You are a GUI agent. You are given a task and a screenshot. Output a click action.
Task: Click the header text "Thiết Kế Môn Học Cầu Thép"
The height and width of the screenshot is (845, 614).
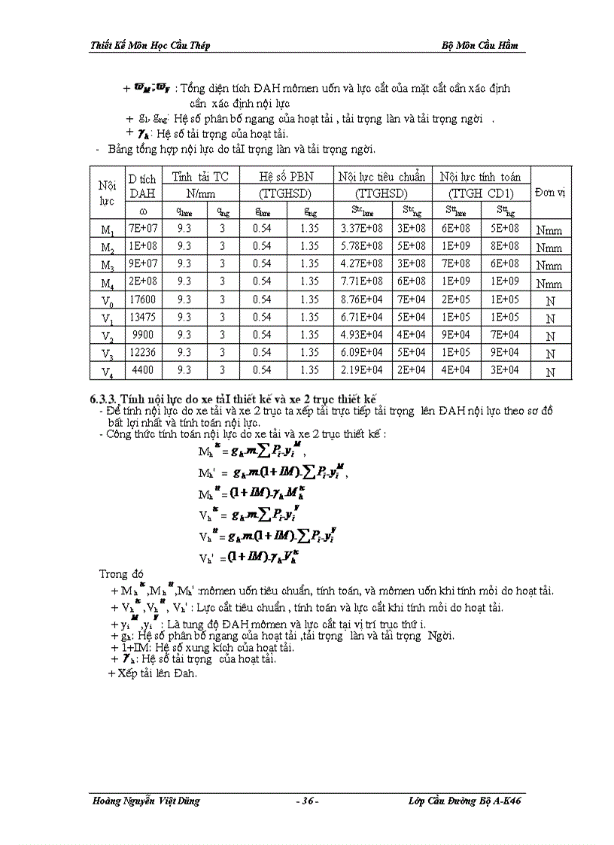point(150,46)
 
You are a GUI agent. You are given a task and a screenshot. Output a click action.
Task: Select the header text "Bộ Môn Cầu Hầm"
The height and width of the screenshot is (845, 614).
point(479,46)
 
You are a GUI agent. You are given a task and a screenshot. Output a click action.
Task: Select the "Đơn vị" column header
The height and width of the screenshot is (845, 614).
point(550,193)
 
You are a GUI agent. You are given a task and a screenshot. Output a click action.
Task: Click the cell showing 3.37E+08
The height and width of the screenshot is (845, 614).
point(361,229)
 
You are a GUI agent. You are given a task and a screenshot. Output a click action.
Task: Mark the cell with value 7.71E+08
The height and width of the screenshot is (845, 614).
point(361,281)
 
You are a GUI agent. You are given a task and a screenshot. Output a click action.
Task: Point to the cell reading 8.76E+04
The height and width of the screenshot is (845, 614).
point(361,298)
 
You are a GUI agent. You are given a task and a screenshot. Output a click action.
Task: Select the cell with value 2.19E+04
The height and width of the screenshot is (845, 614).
point(361,370)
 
